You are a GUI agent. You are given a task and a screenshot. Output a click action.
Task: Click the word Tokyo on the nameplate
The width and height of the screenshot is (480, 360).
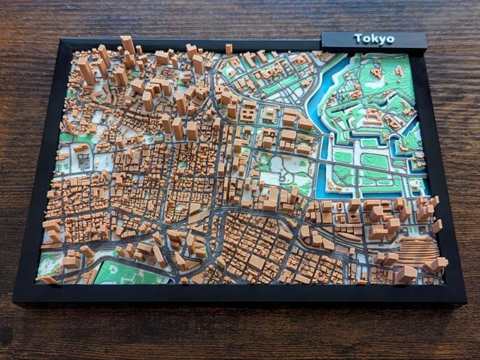374,39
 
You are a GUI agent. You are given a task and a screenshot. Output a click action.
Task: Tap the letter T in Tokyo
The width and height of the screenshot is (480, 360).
358,38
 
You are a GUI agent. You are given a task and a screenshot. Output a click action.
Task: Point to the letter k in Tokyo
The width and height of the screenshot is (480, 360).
374,39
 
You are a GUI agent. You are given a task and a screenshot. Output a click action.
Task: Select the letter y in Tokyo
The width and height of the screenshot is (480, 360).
382,40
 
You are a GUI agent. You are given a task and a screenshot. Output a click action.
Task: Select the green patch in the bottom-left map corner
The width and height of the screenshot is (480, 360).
49,264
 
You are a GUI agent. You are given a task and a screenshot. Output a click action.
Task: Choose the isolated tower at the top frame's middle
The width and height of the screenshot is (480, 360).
229,49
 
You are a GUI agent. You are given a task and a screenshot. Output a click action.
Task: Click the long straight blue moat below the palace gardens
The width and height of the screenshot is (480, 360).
360,193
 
